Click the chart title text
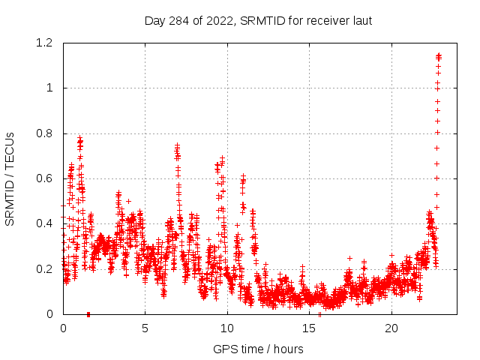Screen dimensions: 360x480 258,20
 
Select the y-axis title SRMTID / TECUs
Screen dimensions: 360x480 10,178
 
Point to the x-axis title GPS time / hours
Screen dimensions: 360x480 258,349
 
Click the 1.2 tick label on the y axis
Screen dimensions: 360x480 46,43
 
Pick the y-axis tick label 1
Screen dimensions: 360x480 50,88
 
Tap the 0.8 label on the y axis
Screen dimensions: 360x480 46,133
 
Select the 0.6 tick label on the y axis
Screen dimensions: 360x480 46,178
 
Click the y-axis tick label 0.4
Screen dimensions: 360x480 46,223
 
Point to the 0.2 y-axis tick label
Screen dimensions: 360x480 46,268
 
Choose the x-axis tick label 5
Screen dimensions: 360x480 145,328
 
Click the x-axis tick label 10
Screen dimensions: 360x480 227,328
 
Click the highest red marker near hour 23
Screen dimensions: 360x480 439,55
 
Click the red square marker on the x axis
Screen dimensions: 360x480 88,313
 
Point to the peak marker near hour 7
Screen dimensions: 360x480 177,145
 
